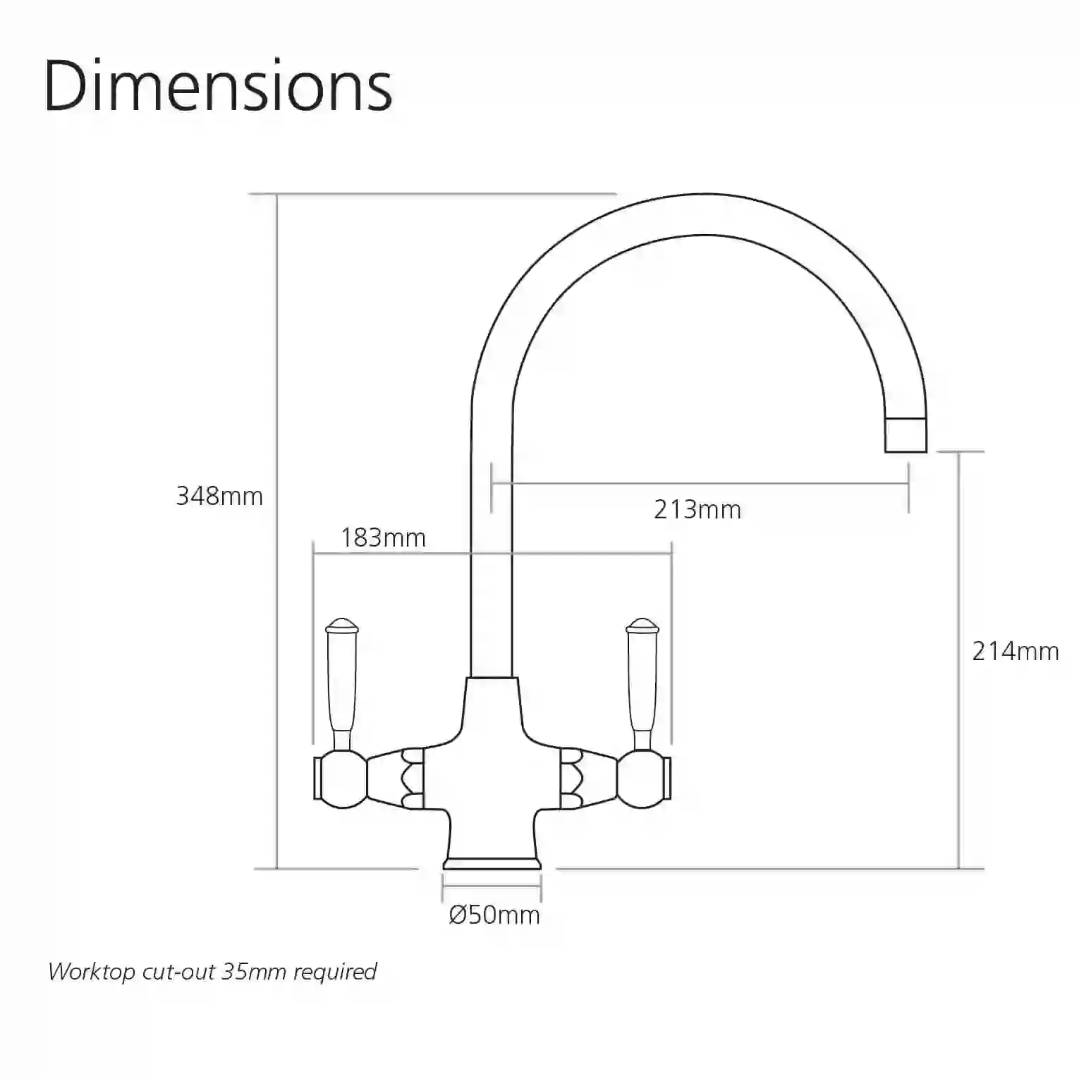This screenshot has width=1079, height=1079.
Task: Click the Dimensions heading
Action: click(218, 86)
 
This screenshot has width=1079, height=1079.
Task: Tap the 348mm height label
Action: click(219, 496)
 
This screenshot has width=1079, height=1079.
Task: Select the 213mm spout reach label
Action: click(697, 509)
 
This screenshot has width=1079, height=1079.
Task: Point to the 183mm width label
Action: click(384, 538)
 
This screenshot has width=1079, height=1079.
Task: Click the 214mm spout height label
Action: click(1016, 651)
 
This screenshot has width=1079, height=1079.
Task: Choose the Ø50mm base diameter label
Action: click(494, 915)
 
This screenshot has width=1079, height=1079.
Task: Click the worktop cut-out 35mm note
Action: click(212, 972)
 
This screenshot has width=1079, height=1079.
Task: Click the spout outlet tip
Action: click(906, 434)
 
